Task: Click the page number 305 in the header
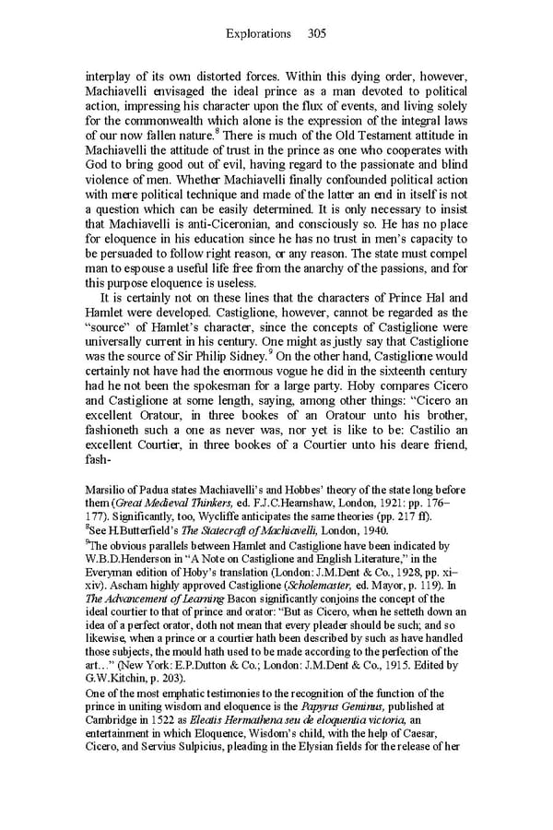(x=317, y=34)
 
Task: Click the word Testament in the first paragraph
(x=369, y=136)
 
